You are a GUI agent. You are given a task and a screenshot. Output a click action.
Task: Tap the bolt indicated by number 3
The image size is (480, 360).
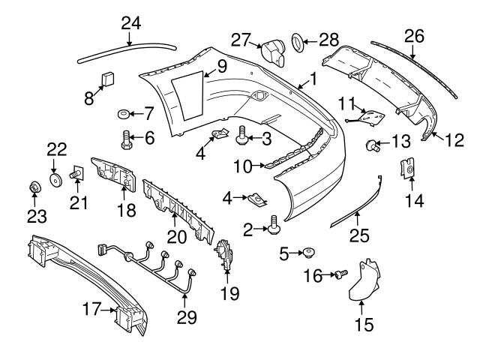click(243, 136)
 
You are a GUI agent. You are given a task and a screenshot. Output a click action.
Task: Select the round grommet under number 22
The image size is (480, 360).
click(55, 180)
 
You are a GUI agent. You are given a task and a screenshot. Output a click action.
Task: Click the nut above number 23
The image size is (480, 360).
click(33, 187)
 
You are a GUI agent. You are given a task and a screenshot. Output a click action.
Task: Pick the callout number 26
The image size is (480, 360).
click(413, 34)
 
